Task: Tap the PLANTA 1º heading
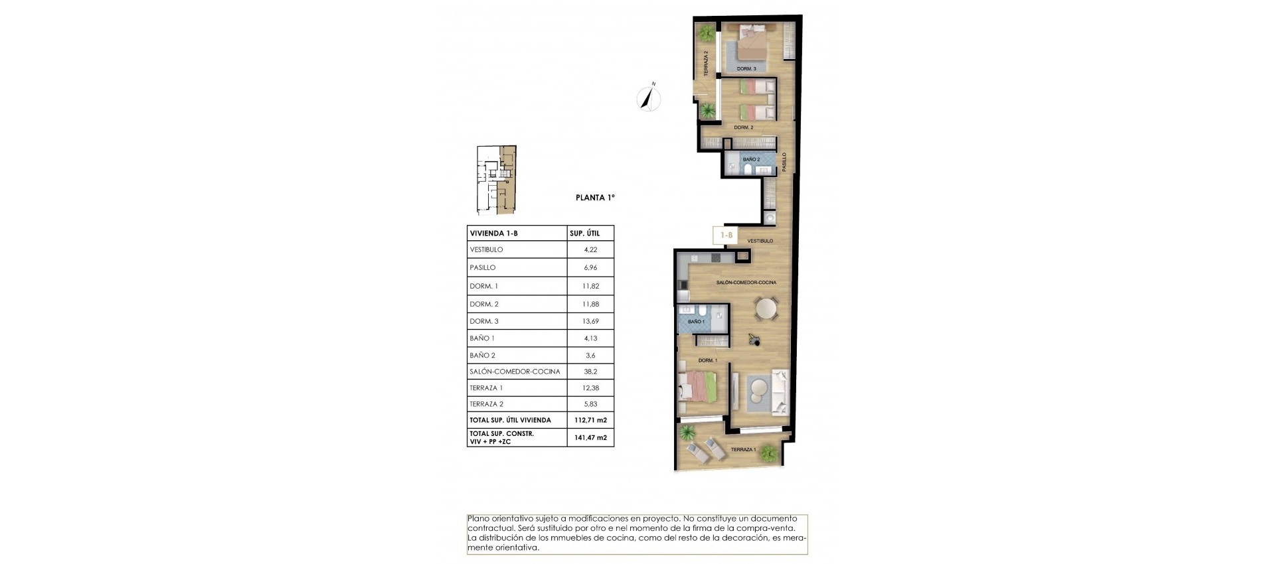tap(595, 197)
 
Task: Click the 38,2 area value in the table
tap(590, 372)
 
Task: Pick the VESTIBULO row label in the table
tap(486, 249)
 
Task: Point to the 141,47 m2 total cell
tap(590, 437)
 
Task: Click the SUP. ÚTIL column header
tap(584, 233)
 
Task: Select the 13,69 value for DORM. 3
tap(590, 321)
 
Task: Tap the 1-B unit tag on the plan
tap(726, 235)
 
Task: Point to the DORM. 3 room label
tap(746, 69)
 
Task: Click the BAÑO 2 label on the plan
tap(751, 159)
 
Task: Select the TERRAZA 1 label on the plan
tap(742, 450)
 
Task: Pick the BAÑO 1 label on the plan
tap(696, 322)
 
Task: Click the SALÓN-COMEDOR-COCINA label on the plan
tap(746, 283)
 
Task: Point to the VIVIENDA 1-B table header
tap(493, 233)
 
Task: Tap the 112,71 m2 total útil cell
tap(590, 420)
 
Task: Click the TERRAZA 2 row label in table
tap(486, 404)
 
